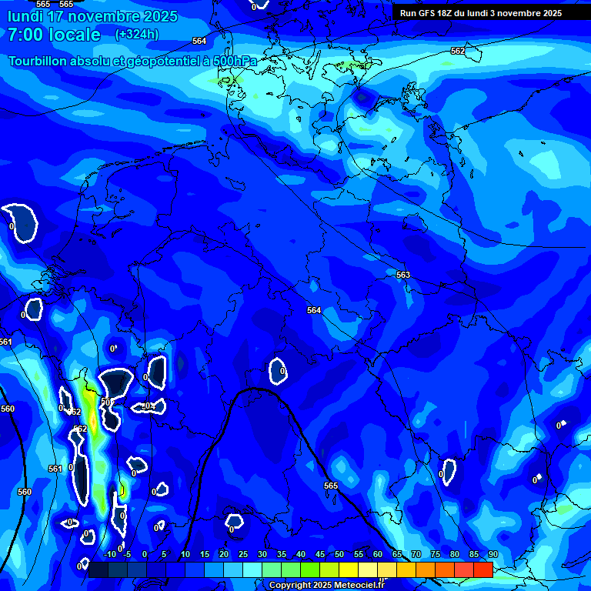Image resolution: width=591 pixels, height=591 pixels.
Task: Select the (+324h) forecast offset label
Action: (136, 35)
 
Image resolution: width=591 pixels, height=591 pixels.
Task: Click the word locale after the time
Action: (73, 35)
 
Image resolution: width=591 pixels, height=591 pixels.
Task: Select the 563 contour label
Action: (403, 275)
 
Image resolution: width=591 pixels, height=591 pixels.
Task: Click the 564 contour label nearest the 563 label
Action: (314, 310)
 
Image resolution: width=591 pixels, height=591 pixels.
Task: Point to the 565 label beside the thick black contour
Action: (331, 486)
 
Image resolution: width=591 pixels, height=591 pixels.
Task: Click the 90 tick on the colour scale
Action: (492, 554)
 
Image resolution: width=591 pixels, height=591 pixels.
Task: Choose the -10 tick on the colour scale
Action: (109, 554)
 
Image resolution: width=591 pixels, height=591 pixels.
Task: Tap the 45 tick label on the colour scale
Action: (320, 554)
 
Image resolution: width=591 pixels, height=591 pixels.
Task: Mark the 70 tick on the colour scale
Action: (416, 554)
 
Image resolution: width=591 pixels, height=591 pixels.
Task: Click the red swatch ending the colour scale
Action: (483, 569)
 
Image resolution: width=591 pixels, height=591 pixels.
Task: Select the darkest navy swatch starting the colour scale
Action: (98, 569)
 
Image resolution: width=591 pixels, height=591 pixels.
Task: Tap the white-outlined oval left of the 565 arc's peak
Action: (157, 371)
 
